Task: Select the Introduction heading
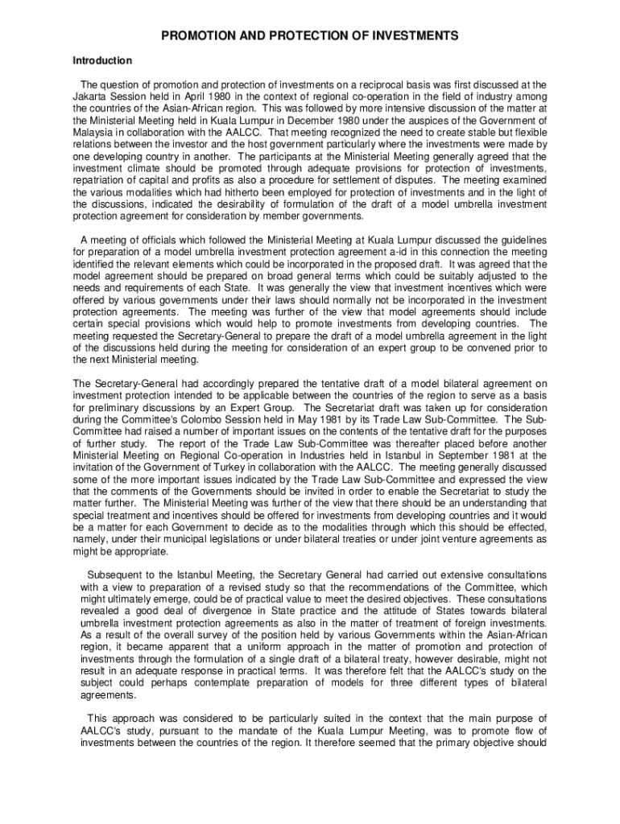(102, 61)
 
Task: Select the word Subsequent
(118, 575)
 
